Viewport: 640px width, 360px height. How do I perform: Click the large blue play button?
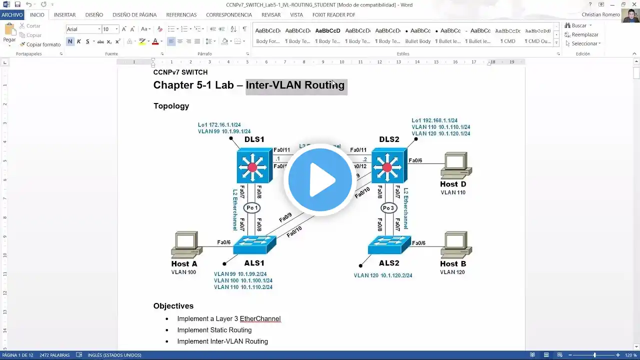(x=320, y=180)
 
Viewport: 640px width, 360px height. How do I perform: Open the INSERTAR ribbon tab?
(x=65, y=15)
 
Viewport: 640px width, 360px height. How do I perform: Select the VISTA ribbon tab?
(x=296, y=15)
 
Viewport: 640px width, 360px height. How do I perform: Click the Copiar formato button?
(x=40, y=44)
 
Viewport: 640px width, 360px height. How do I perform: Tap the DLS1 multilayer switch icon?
(x=254, y=165)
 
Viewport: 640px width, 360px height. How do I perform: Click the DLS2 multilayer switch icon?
(x=388, y=165)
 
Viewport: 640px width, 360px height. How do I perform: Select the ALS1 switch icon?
(x=254, y=245)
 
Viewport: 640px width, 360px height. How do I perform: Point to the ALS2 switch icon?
(x=389, y=245)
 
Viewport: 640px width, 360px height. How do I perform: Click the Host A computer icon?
(x=185, y=245)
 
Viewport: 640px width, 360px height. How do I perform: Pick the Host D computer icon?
(x=455, y=165)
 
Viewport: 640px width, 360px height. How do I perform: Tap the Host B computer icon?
(x=455, y=245)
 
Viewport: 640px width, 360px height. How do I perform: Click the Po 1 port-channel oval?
(x=252, y=208)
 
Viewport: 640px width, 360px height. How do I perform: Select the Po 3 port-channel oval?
(x=389, y=208)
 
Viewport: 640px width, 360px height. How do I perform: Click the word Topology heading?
(x=171, y=106)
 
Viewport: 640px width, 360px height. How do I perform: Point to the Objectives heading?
(x=173, y=306)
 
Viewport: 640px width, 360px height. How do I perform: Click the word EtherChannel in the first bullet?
(x=260, y=319)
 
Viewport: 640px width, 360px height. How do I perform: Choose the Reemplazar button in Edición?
(x=582, y=34)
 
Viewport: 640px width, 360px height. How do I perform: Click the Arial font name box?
(x=83, y=29)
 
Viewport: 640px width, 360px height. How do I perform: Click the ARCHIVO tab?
(x=12, y=15)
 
